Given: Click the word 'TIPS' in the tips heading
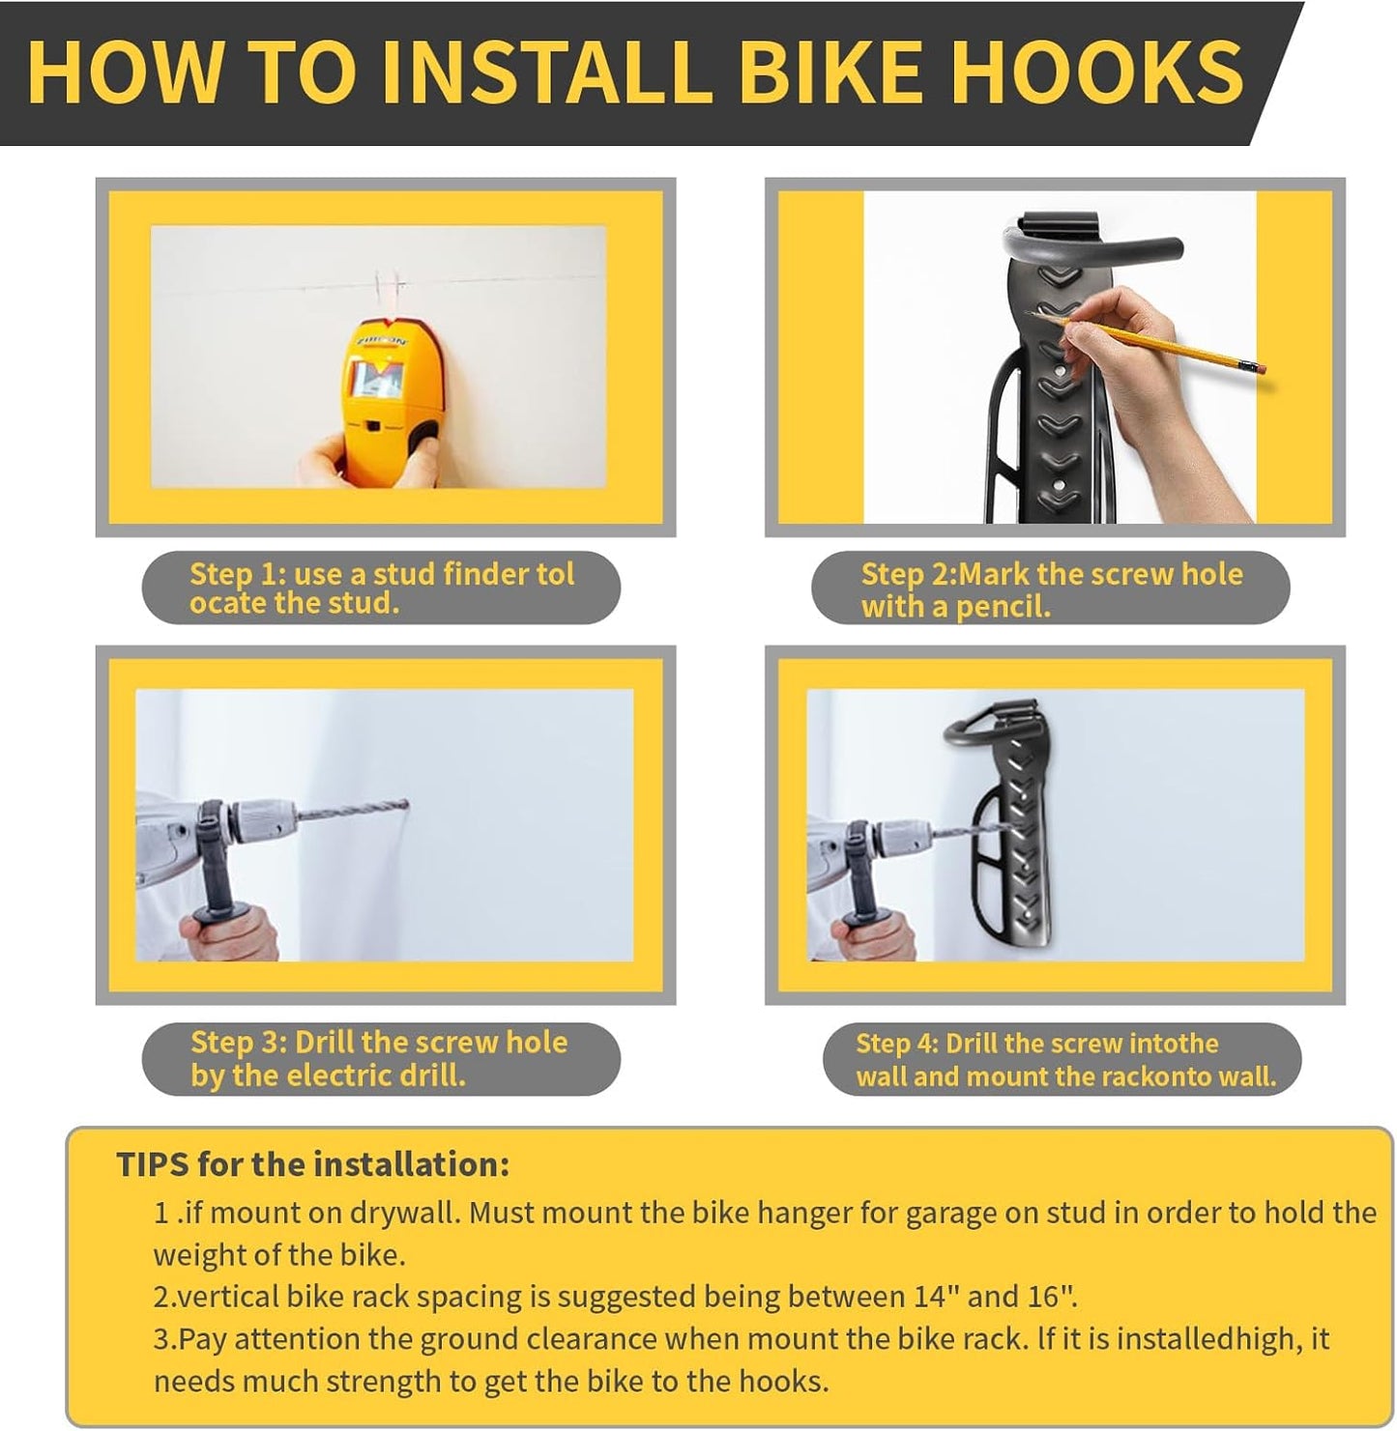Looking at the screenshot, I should [152, 1164].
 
